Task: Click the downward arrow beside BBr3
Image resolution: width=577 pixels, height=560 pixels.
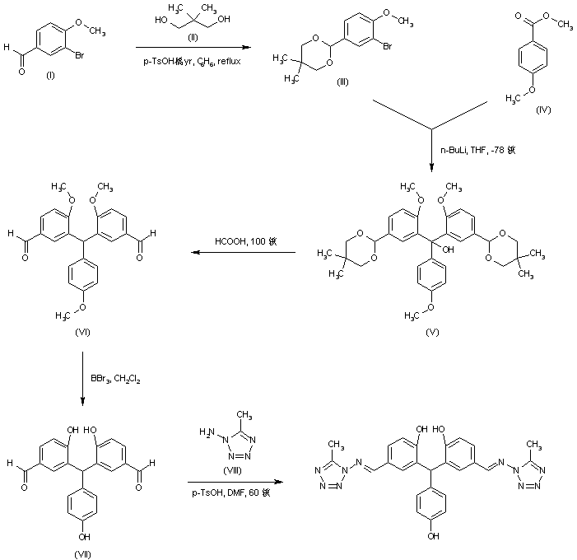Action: tap(83, 378)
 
